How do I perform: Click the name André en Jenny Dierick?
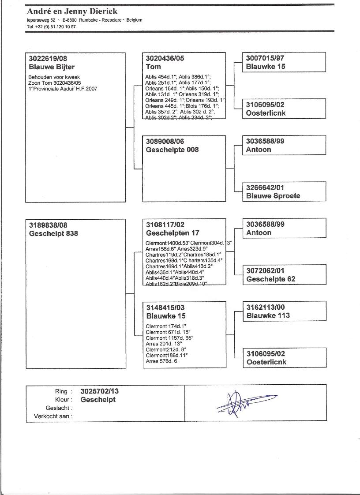click(x=72, y=11)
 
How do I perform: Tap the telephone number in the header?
click(x=51, y=26)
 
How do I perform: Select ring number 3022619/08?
click(x=48, y=58)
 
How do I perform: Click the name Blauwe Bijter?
click(x=52, y=67)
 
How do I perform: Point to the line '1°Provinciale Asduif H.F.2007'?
click(x=63, y=89)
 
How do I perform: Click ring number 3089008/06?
click(x=165, y=141)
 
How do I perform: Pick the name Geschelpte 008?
click(x=172, y=150)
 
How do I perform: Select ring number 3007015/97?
click(x=266, y=58)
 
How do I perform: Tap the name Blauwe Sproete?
click(x=273, y=196)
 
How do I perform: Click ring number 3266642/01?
click(x=265, y=187)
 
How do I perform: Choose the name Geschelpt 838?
click(x=53, y=233)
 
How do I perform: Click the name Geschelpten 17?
click(x=172, y=233)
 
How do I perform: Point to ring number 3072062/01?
click(x=266, y=270)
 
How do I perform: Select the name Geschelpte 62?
click(x=271, y=279)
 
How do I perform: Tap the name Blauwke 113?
click(x=268, y=315)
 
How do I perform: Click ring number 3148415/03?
click(x=165, y=307)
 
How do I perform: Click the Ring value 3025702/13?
click(x=100, y=391)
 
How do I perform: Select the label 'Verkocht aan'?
click(x=53, y=416)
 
